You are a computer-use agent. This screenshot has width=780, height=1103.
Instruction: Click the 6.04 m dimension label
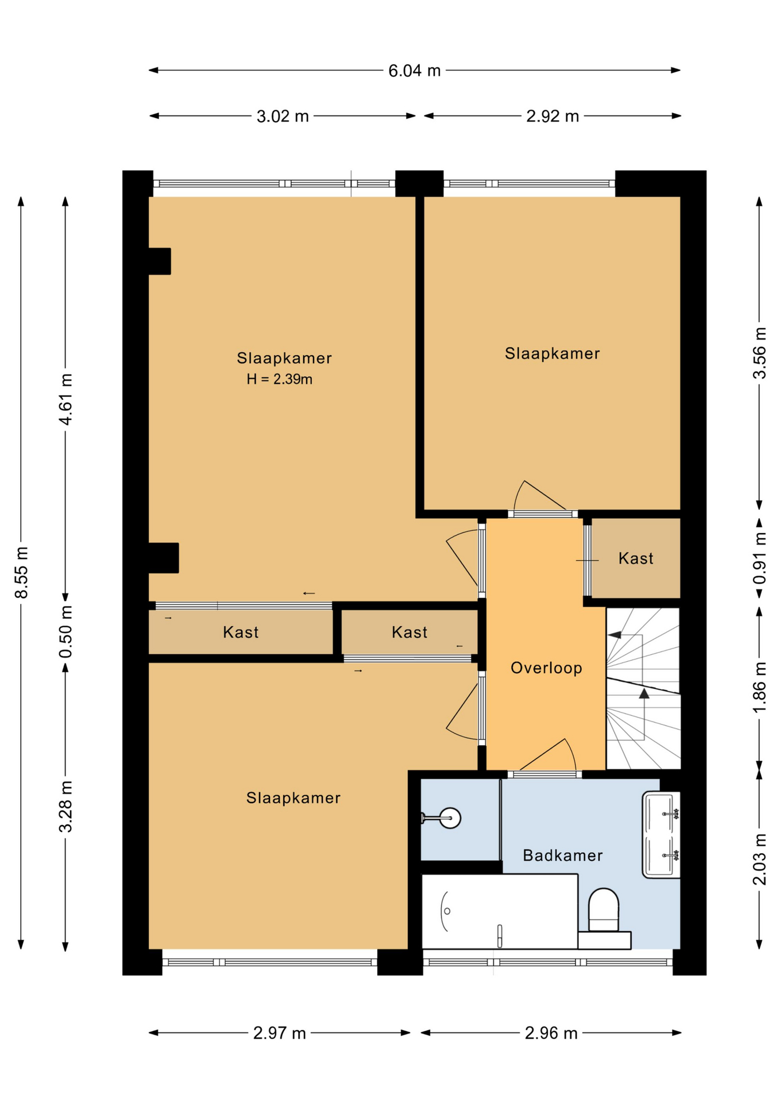coord(414,71)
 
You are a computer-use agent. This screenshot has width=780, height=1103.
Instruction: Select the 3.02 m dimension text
coord(283,117)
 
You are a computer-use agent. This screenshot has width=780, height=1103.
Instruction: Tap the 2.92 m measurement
coord(553,117)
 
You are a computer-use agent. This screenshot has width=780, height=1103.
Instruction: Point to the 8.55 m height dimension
coord(21,572)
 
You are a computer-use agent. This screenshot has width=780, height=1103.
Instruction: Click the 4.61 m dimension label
coord(66,399)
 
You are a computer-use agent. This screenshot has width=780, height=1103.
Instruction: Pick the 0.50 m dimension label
coord(66,631)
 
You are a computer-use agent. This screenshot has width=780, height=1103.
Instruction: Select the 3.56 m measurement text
coord(759,353)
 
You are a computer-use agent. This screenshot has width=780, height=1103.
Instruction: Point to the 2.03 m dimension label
coord(759,859)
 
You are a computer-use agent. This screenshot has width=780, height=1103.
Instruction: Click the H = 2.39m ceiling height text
coord(280,379)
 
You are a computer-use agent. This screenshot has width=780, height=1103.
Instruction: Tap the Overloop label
coord(546,668)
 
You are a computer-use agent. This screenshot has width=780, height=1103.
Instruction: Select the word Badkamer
coord(563,855)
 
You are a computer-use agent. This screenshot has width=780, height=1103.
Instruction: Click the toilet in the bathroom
coord(604,909)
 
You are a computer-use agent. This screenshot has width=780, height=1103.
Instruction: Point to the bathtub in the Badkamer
coord(500,911)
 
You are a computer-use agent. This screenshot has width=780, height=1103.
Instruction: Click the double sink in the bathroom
coord(661,834)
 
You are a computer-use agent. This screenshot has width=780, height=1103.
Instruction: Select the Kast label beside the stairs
coord(636,558)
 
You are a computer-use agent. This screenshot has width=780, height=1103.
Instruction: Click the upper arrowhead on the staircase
coord(615,635)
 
